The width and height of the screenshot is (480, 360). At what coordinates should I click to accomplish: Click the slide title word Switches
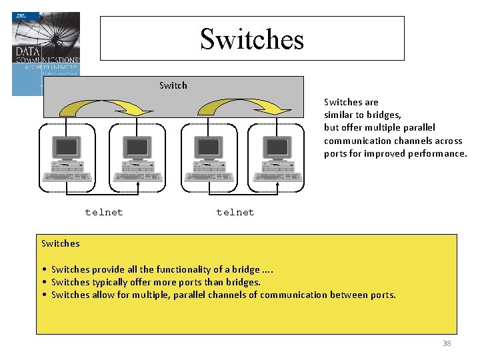tap(251, 39)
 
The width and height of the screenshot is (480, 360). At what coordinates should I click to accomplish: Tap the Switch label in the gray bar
tap(173, 85)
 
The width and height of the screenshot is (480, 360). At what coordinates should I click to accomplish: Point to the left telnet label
tap(104, 212)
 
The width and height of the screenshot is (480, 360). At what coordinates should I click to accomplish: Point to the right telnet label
tap(235, 212)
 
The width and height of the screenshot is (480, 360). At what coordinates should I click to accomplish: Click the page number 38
tap(447, 343)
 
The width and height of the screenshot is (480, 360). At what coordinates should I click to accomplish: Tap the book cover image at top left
tap(45, 53)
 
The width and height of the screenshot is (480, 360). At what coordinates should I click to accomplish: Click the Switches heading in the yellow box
tap(61, 243)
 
